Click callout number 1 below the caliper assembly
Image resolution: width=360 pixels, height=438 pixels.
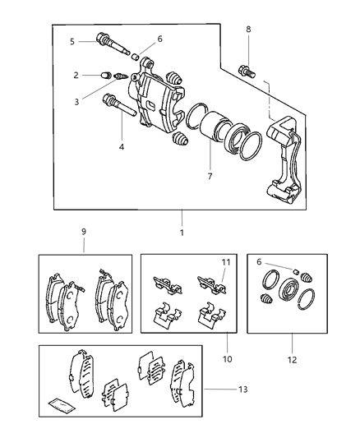point(181,233)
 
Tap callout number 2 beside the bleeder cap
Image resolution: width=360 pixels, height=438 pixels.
point(76,75)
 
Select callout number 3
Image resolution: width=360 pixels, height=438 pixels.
point(76,102)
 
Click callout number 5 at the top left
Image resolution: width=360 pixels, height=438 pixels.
point(72,41)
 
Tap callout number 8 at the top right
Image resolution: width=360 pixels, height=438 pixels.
point(248,29)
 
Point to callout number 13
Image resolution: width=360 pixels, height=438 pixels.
point(241,389)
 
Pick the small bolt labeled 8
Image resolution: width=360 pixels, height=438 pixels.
point(245,68)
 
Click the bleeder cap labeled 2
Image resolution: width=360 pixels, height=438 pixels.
point(105,76)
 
